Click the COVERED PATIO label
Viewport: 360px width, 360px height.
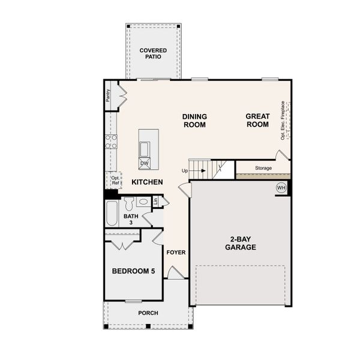pyautogui.click(x=153, y=54)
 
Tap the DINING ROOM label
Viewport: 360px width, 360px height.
pyautogui.click(x=195, y=121)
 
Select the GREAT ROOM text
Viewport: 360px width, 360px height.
pyautogui.click(x=257, y=121)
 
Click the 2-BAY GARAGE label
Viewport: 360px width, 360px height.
pyautogui.click(x=241, y=243)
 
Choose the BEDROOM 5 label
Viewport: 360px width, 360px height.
pyautogui.click(x=133, y=272)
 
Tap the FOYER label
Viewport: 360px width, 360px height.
pyautogui.click(x=176, y=252)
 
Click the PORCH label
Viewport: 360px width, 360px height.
pyautogui.click(x=148, y=313)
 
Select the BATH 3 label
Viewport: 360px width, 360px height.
pyautogui.click(x=131, y=219)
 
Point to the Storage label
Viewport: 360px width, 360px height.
pyautogui.click(x=263, y=168)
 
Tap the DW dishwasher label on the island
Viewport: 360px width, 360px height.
pyautogui.click(x=144, y=163)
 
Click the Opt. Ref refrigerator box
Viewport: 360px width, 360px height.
pyautogui.click(x=115, y=181)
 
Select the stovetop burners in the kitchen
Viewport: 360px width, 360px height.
pyautogui.click(x=111, y=142)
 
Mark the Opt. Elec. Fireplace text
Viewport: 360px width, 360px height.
pyautogui.click(x=283, y=121)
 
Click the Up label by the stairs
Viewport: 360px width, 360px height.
pyautogui.click(x=185, y=170)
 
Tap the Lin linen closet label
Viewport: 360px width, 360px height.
pyautogui.click(x=155, y=201)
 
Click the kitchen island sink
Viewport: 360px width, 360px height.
pyautogui.click(x=145, y=148)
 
